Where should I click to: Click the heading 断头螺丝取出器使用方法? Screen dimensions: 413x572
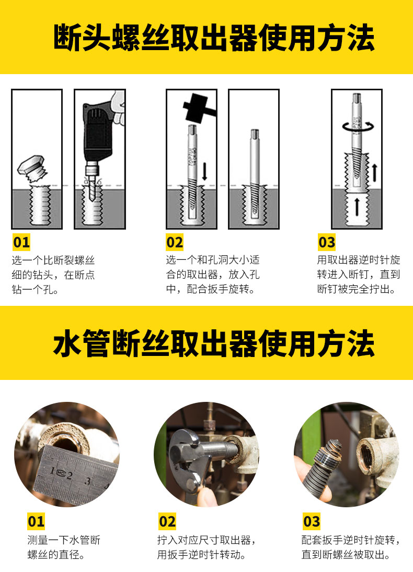point(214,38)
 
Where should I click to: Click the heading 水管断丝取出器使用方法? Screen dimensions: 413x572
point(214,343)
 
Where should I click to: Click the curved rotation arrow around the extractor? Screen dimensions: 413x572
point(358,127)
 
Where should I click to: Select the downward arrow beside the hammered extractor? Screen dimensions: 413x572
point(205,171)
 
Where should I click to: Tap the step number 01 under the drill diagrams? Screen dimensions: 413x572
point(21,242)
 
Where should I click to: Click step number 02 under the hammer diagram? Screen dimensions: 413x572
point(175,242)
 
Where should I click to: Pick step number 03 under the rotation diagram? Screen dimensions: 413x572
point(327,242)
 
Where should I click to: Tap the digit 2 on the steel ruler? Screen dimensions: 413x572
point(70,475)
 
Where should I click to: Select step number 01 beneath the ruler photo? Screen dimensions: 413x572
point(36,521)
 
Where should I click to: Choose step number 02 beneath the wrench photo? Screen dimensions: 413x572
point(167,521)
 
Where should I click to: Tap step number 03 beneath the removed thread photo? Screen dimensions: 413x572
point(312,521)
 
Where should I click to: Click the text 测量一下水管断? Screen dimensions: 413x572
point(64,540)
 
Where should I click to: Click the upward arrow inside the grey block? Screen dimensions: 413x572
point(357,207)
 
